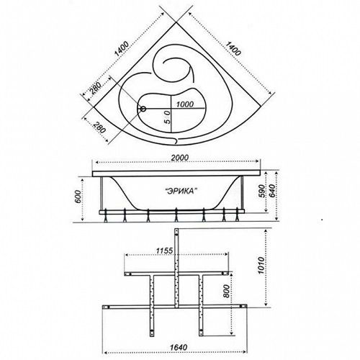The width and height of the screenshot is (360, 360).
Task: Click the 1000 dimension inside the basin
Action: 185,104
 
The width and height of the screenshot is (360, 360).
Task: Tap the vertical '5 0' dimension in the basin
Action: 167,117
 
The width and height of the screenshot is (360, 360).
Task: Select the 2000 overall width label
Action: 180,158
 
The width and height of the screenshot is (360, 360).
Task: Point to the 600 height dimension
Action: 78,197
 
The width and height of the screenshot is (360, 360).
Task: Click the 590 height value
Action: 262,191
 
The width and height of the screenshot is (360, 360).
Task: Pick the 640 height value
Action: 273,191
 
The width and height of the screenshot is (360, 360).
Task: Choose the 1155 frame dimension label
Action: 164,251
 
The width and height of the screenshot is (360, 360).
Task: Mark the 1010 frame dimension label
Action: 261,266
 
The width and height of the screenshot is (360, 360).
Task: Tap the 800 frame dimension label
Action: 226,292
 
